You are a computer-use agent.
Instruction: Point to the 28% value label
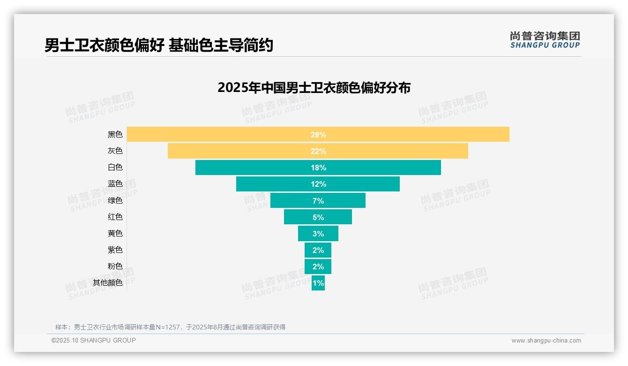(x=318, y=135)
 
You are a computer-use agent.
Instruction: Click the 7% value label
(x=318, y=201)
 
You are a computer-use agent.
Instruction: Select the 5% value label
(x=318, y=217)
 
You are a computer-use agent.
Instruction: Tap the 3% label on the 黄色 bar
(x=318, y=234)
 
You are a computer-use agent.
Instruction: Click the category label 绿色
(x=115, y=200)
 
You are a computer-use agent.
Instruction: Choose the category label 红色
(x=115, y=217)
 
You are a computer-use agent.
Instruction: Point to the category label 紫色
(x=115, y=250)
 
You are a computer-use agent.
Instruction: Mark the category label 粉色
(x=115, y=266)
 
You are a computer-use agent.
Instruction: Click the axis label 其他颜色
(x=107, y=282)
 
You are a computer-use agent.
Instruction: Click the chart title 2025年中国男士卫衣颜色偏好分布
(x=314, y=88)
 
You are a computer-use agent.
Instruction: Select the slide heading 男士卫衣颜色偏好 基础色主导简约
(x=159, y=46)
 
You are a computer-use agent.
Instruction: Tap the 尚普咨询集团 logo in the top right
(x=545, y=39)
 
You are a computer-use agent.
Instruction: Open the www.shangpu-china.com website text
(x=546, y=341)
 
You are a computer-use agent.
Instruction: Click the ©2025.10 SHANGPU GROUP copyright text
(x=94, y=340)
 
